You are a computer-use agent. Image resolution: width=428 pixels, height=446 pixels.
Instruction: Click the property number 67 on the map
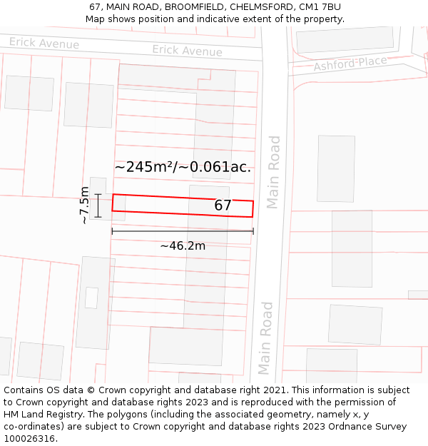[223, 206]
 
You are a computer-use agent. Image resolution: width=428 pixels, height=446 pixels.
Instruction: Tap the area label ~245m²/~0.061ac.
[183, 167]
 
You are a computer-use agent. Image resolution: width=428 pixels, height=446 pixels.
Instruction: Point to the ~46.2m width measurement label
[183, 246]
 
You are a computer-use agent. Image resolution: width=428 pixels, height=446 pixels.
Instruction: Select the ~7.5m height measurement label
[84, 206]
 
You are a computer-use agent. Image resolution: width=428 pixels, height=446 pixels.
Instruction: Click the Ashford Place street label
[350, 64]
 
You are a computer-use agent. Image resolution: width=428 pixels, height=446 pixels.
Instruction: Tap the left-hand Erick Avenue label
[44, 44]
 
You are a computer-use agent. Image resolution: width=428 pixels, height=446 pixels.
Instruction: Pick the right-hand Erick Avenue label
[187, 51]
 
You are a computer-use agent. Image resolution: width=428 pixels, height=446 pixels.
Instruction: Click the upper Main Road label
[273, 172]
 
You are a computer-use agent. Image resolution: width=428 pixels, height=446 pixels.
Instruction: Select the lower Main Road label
[265, 338]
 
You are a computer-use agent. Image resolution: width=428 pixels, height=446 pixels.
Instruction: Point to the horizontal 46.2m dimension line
[183, 231]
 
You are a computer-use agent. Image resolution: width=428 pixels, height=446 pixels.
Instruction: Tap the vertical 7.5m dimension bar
[98, 206]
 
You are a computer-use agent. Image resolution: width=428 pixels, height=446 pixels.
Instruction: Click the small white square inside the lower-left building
[91, 298]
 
